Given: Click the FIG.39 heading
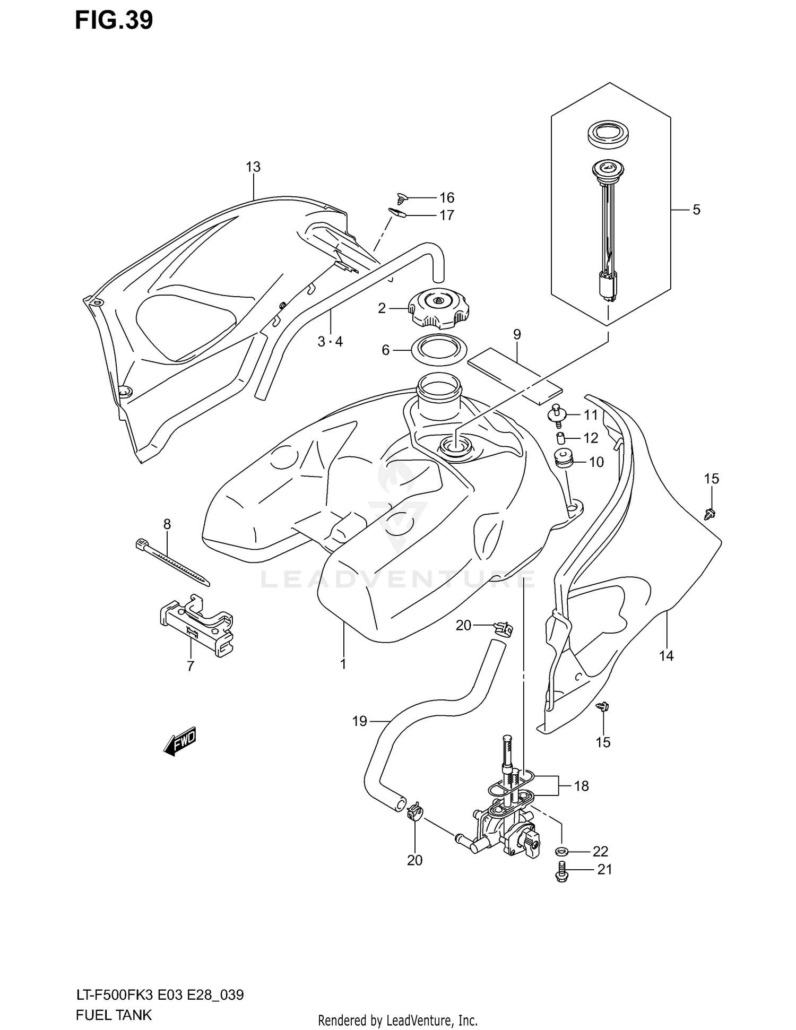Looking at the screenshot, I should coord(114,20).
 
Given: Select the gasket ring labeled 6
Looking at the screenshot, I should coord(439,350).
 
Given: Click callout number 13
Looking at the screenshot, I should coord(253,167).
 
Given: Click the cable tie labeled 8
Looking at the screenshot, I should coord(172,562).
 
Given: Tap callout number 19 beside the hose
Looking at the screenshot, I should coord(360,721).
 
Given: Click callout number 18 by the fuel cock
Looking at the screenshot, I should coord(582,786).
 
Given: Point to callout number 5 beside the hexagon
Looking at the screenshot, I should coord(696,210).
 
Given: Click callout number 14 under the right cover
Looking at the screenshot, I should coord(666,656).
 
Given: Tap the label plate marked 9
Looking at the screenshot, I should coord(514,375).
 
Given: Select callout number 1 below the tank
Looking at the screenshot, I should coord(343,664).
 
